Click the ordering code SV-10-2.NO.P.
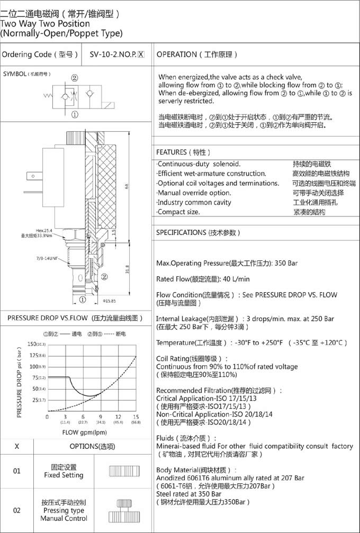[x=116, y=55]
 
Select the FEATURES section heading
[x=184, y=152]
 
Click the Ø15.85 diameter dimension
[x=109, y=301]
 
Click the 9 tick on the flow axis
[x=100, y=417]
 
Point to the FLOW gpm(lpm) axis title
[x=77, y=432]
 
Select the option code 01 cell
[x=16, y=471]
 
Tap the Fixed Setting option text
[x=64, y=471]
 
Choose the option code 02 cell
[x=16, y=510]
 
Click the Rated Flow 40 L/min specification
[x=203, y=279]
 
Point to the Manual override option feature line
[x=194, y=193]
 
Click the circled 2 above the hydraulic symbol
[x=75, y=77]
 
